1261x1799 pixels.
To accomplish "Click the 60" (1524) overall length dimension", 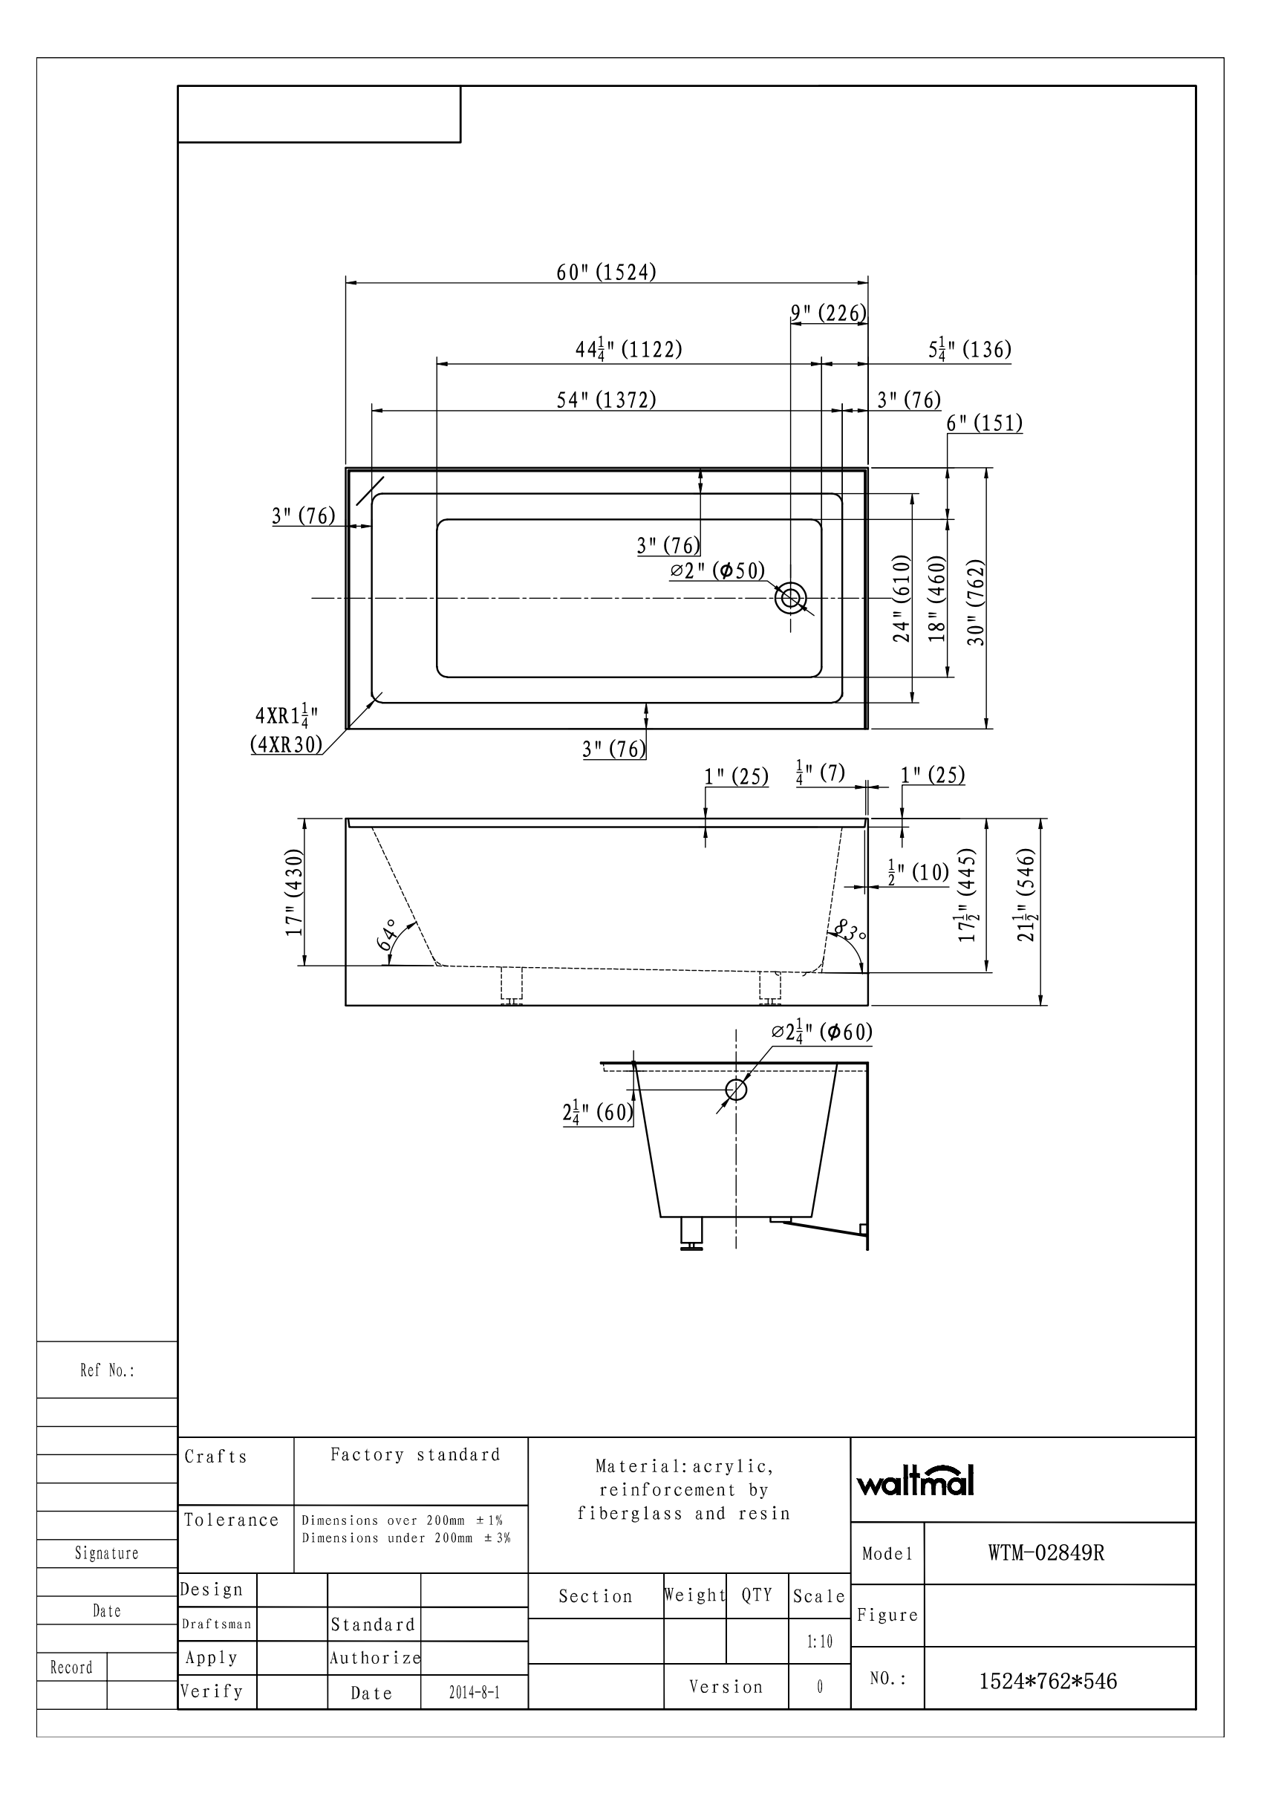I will coord(605,272).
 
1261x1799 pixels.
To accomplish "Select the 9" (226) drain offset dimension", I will coord(828,313).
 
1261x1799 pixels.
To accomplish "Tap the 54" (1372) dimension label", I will coord(605,400).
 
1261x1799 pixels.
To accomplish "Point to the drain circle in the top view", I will coord(790,598).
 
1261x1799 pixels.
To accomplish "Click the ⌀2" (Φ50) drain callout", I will coord(717,570).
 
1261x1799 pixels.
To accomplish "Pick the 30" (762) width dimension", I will coord(975,602).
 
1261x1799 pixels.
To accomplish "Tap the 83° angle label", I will coord(848,931).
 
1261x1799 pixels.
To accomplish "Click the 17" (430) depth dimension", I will coord(295,893).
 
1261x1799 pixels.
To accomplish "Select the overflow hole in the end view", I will coord(736,1089).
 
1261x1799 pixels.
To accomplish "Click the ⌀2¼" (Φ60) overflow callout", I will coord(821,1032).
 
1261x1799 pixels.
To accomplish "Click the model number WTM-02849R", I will coord(1046,1553).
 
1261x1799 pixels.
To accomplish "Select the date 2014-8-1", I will coord(474,1693).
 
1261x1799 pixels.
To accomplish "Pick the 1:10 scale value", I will coord(819,1641).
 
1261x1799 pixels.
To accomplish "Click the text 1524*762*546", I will coord(1048,1681).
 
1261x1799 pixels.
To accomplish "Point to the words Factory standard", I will coord(414,1455).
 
